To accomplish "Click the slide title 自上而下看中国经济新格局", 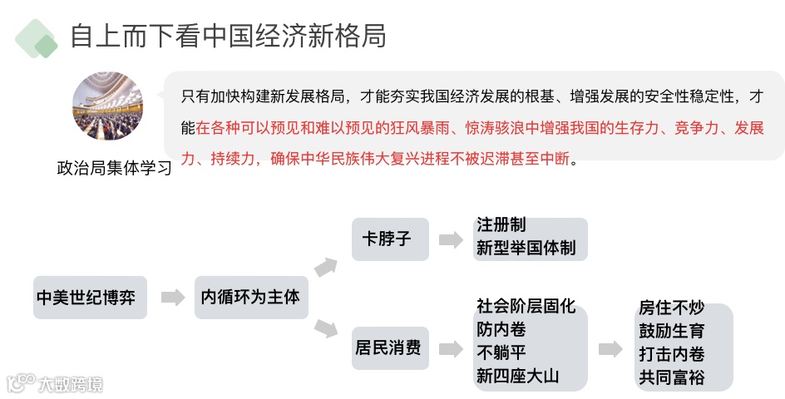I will [228, 37].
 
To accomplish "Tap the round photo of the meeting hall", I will [108, 106].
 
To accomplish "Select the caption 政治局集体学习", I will [114, 167].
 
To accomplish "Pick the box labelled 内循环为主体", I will [250, 297].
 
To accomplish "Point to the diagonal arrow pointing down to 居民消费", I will [326, 329].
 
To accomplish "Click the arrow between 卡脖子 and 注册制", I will [451, 240].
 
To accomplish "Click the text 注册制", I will [501, 225].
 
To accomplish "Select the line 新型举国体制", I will [526, 248].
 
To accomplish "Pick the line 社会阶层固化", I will [526, 307].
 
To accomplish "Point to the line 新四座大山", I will [517, 376].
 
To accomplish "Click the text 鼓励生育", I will [672, 331].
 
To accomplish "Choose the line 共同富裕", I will [672, 377].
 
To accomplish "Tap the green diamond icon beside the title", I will [37, 38].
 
